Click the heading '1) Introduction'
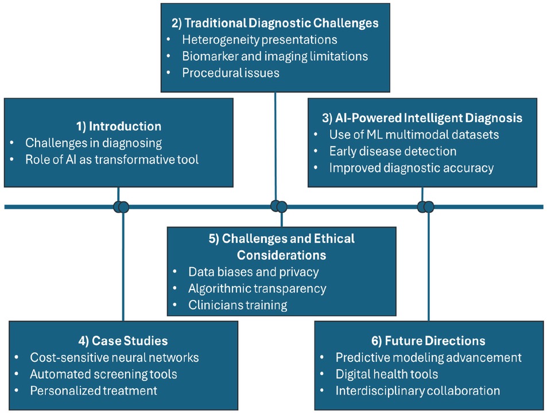pyautogui.click(x=119, y=126)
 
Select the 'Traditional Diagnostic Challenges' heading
pyautogui.click(x=275, y=24)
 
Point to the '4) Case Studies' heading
pyautogui.click(x=123, y=341)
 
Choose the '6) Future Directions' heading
pyautogui.click(x=428, y=341)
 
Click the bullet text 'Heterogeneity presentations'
pyautogui.click(x=259, y=40)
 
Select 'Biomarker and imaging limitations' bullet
pyautogui.click(x=275, y=56)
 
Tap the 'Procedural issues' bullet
pyautogui.click(x=231, y=73)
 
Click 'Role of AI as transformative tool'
pyautogui.click(x=112, y=159)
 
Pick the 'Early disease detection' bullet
pyautogui.click(x=393, y=151)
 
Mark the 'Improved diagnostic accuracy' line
pyautogui.click(x=411, y=168)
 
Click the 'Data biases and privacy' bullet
pyautogui.click(x=253, y=272)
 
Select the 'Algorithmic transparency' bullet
pyautogui.click(x=257, y=288)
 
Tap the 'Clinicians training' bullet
pyautogui.click(x=238, y=305)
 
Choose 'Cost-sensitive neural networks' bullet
pyautogui.click(x=114, y=357)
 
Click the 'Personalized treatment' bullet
pyautogui.click(x=94, y=390)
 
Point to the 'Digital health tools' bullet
pyautogui.click(x=387, y=374)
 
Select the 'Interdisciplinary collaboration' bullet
pyautogui.click(x=418, y=390)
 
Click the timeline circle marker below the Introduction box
pyautogui.click(x=121, y=206)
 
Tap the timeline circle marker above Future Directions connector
pyautogui.click(x=426, y=206)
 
